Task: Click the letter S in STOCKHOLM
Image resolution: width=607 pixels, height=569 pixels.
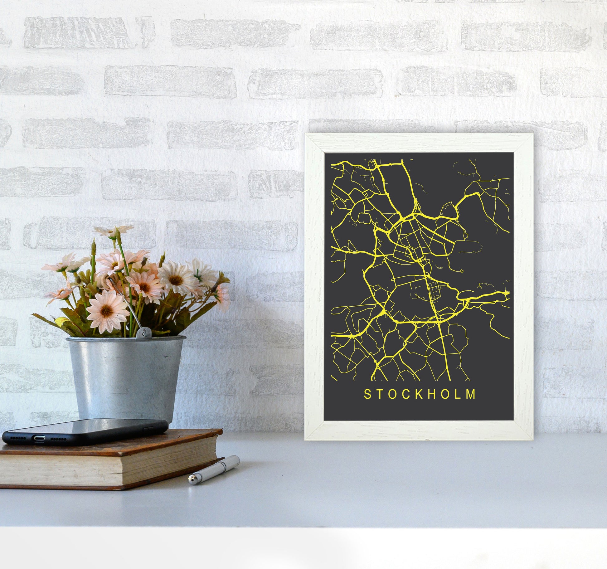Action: click(367, 394)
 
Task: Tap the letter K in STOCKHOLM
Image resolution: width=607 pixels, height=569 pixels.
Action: click(420, 394)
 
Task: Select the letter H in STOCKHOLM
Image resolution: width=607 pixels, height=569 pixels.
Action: click(433, 394)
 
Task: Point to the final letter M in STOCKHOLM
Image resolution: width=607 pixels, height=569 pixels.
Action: click(471, 394)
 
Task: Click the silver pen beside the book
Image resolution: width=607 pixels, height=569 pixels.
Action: click(214, 469)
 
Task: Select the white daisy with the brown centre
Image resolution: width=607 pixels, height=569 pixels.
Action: click(175, 280)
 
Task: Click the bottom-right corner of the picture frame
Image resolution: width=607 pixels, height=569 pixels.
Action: click(532, 439)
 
